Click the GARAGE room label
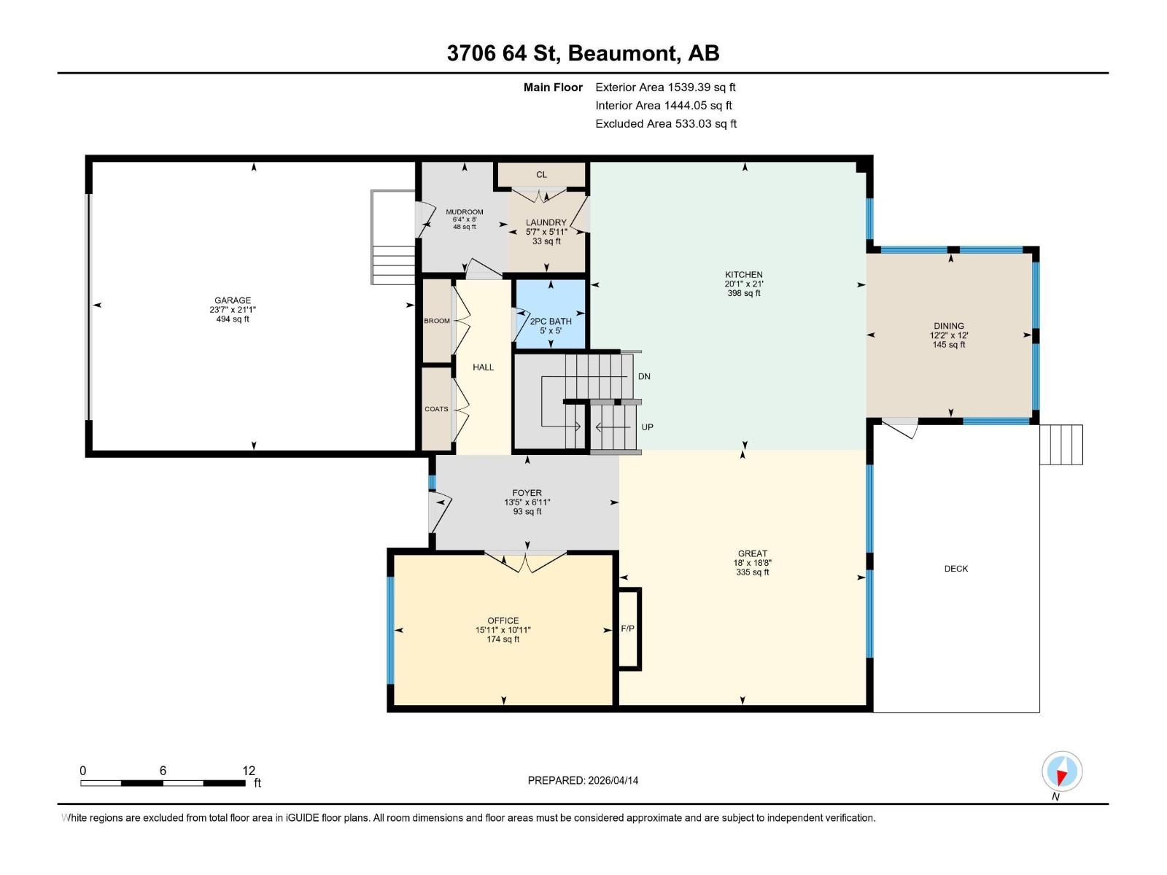click(x=232, y=300)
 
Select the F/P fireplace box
click(x=628, y=629)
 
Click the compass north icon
click(x=1062, y=771)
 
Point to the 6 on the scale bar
click(x=163, y=771)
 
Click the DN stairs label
click(x=644, y=376)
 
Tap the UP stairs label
click(x=647, y=427)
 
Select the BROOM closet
click(x=437, y=321)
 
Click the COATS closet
click(x=436, y=409)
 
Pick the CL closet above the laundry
click(x=541, y=174)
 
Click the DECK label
click(x=955, y=569)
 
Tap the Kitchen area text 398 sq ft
click(x=743, y=293)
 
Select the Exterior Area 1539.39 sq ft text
click(x=665, y=87)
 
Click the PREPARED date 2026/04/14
click(x=583, y=780)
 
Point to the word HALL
click(x=483, y=367)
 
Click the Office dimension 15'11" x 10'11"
click(x=503, y=630)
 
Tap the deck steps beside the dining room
click(x=1061, y=445)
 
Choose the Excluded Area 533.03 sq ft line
click(x=665, y=124)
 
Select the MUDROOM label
click(x=465, y=212)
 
